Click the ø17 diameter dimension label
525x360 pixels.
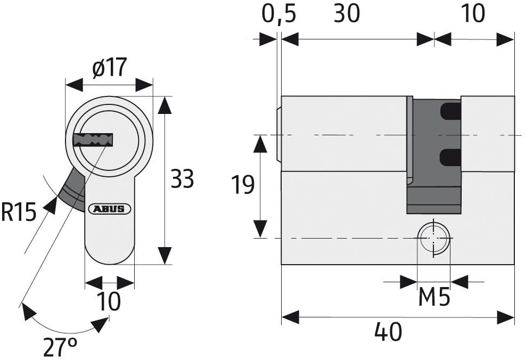click(x=109, y=68)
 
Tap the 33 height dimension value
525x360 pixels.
click(x=182, y=179)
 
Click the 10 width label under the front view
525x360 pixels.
click(x=109, y=302)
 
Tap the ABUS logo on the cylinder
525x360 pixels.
click(x=110, y=209)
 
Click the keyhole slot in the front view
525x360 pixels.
click(x=94, y=140)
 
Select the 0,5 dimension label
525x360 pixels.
click(x=278, y=14)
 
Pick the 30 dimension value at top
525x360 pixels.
click(x=347, y=14)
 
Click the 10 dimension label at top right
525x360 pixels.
click(x=472, y=14)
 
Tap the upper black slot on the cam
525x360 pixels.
click(x=450, y=111)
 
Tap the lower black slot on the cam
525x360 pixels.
click(x=450, y=157)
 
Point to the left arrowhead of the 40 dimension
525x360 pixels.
click(x=290, y=318)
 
